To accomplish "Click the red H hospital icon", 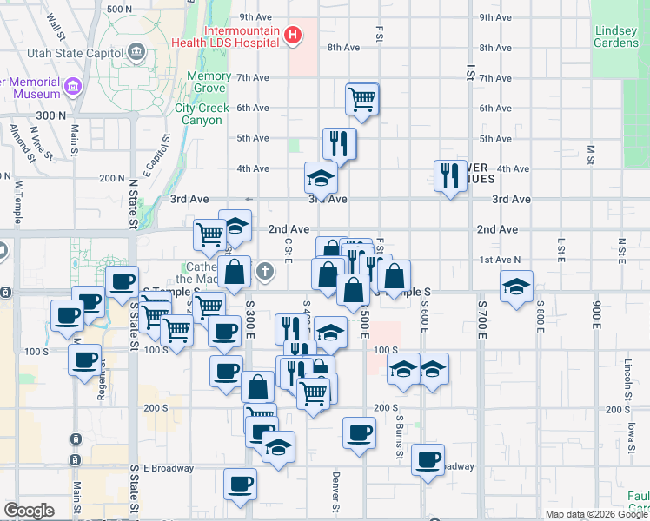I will pyautogui.click(x=294, y=36).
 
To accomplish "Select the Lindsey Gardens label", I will pyautogui.click(x=615, y=36).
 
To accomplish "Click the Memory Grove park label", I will pyautogui.click(x=209, y=82).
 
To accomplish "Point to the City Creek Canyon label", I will pyautogui.click(x=202, y=114).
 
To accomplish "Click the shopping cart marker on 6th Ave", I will pyautogui.click(x=361, y=98).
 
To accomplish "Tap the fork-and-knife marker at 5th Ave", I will pyautogui.click(x=338, y=142).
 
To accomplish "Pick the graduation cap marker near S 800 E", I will pyautogui.click(x=516, y=287).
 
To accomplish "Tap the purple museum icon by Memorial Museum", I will pyautogui.click(x=72, y=87).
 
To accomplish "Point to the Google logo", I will pyautogui.click(x=29, y=511).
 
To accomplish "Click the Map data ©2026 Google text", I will pyautogui.click(x=596, y=514).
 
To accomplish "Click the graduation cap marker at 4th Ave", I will pyautogui.click(x=321, y=177).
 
